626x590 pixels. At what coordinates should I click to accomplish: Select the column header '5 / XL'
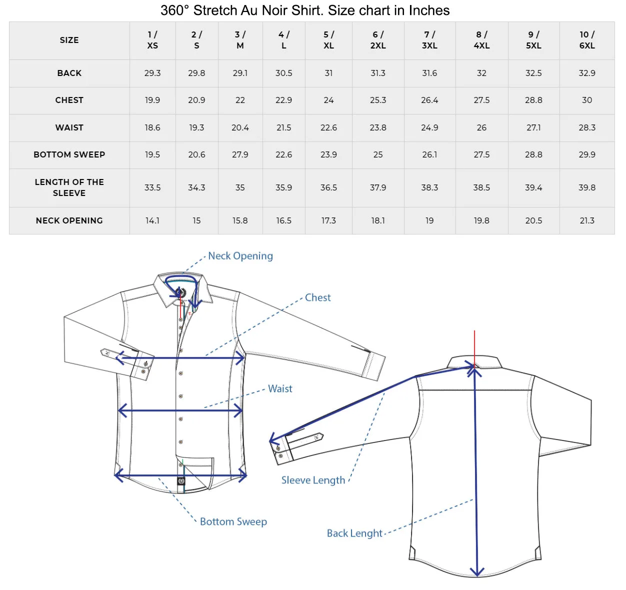[328, 40]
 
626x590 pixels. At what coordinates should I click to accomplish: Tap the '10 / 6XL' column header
[587, 40]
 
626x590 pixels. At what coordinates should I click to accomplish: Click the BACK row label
[69, 73]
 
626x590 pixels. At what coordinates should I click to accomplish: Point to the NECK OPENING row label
[69, 220]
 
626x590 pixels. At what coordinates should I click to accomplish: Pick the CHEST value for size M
[240, 100]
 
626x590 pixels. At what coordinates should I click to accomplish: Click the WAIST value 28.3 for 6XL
[587, 127]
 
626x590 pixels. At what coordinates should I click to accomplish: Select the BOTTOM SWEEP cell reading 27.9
[240, 154]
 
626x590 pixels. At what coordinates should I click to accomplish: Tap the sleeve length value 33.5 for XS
[152, 187]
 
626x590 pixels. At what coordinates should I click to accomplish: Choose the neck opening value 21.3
[587, 220]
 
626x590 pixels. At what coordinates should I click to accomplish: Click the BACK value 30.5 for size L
[283, 73]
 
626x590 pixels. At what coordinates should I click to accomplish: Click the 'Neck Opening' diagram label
[240, 256]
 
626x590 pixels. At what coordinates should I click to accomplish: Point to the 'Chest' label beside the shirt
[318, 297]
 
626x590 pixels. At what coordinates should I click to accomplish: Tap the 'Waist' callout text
[280, 388]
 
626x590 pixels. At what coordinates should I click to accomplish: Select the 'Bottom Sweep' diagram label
[233, 521]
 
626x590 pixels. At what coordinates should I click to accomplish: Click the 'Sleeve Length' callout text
[313, 480]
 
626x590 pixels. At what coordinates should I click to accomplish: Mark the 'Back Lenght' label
[354, 533]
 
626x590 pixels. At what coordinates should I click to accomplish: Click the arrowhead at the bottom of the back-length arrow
[477, 571]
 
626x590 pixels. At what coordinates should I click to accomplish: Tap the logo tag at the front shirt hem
[181, 481]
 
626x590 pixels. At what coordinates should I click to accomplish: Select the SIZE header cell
[69, 40]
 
